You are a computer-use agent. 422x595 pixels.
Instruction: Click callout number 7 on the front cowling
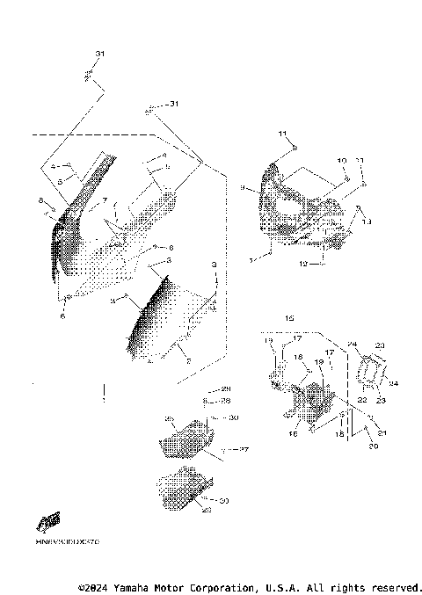click(x=104, y=201)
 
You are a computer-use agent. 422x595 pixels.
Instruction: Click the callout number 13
click(x=367, y=222)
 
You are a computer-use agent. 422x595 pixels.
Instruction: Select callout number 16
click(x=292, y=433)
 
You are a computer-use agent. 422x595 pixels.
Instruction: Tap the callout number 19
click(x=319, y=362)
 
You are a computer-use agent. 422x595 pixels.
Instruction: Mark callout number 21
click(x=382, y=432)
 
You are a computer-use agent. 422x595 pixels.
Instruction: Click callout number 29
click(x=225, y=388)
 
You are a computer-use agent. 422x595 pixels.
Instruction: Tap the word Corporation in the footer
click(x=217, y=586)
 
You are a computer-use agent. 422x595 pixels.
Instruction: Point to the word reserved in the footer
click(x=397, y=586)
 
